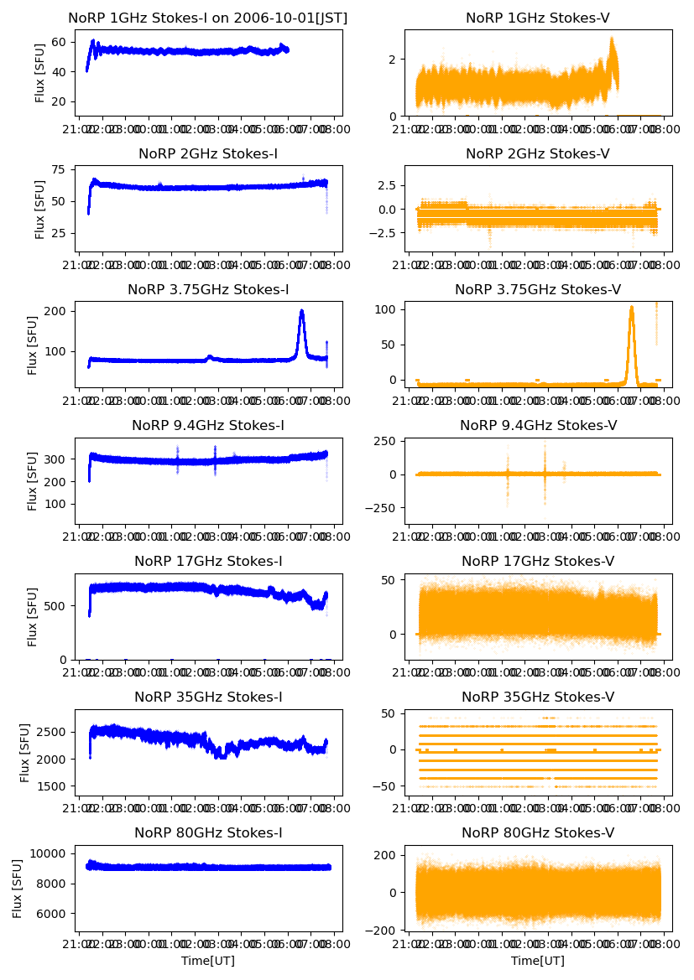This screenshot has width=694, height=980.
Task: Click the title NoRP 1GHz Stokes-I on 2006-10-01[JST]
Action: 208,18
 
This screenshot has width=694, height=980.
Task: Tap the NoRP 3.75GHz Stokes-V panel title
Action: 538,289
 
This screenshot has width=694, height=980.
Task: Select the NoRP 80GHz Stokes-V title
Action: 538,832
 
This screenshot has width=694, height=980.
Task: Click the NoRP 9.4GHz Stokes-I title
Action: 208,425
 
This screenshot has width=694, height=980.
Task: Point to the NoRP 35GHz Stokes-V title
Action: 538,697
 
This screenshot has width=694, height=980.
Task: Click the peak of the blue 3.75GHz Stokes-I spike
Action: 302,310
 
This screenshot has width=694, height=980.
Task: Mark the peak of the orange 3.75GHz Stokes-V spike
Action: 631,307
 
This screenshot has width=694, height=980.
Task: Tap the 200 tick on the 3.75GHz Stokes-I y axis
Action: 59,311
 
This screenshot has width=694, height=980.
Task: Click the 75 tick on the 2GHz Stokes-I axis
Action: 61,169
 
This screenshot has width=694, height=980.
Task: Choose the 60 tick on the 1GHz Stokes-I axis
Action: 61,42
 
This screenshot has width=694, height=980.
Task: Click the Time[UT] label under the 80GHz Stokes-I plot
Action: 208,961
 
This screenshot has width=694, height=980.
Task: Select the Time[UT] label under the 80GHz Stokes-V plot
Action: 538,961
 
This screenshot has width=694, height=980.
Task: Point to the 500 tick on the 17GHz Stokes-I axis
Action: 59,605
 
